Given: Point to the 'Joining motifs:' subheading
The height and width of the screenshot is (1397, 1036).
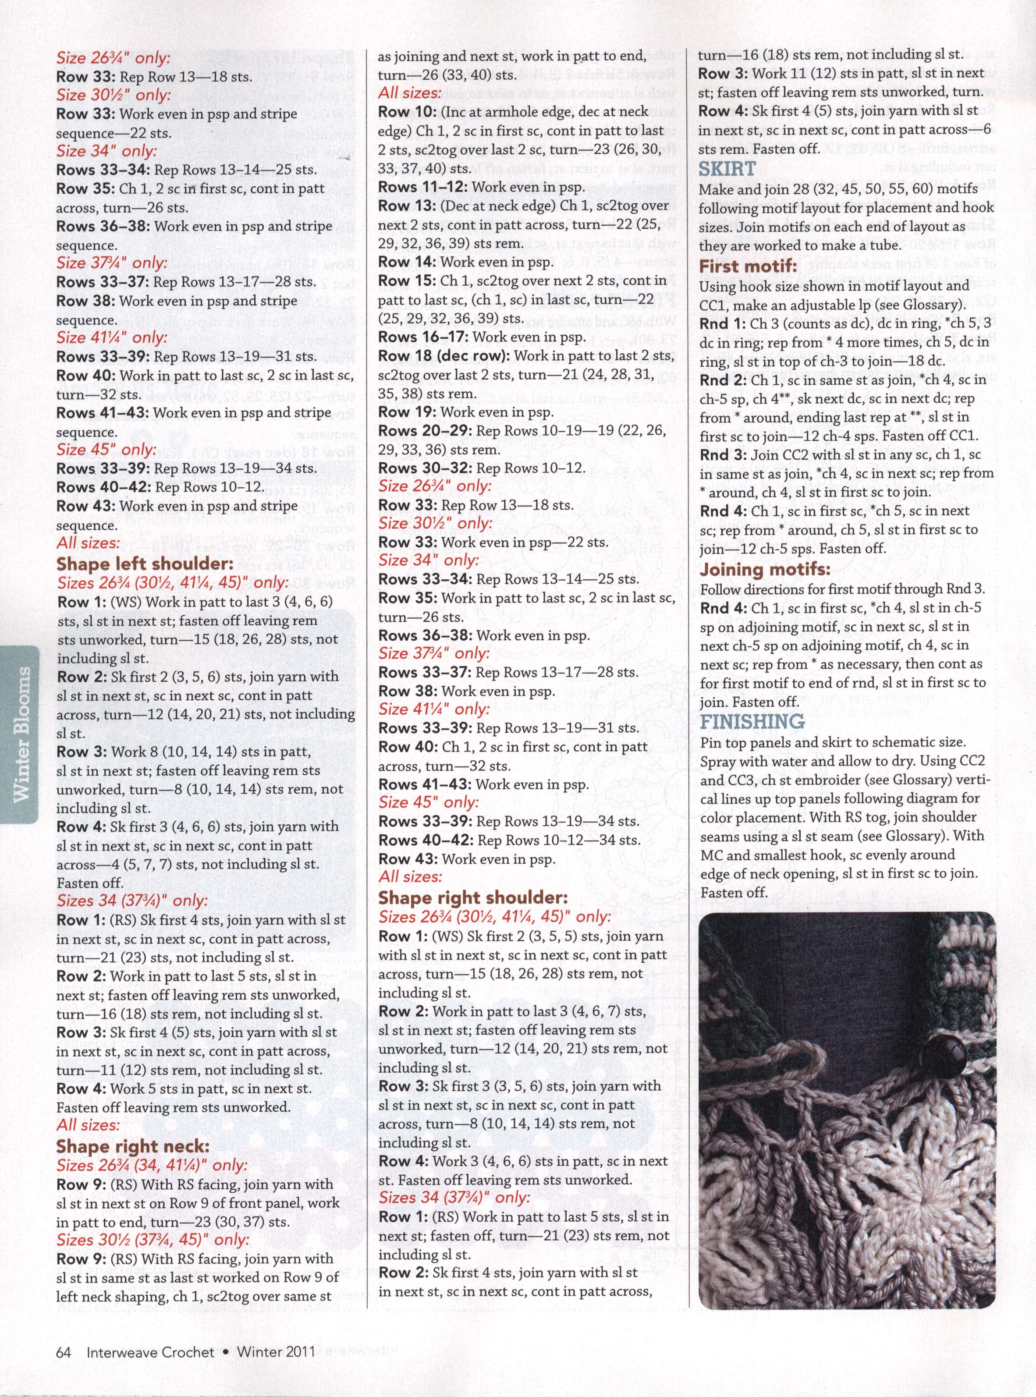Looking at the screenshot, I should tap(764, 569).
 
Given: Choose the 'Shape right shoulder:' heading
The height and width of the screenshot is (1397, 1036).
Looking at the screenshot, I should tap(473, 897).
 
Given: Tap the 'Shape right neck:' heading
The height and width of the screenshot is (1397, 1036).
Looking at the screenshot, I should tap(132, 1146).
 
